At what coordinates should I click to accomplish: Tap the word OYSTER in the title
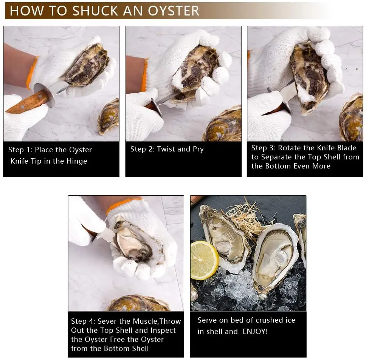tap(174, 11)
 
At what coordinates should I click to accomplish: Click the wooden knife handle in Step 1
tap(25, 103)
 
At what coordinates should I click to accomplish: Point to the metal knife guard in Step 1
tap(44, 95)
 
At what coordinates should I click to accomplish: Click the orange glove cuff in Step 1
tap(32, 72)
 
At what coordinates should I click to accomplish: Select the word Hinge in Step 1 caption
tap(77, 161)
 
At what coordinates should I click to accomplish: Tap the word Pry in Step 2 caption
tap(198, 149)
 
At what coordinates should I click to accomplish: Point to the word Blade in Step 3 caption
tap(347, 148)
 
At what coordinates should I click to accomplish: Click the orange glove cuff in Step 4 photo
tap(123, 205)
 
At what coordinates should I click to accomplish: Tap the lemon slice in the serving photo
tap(204, 260)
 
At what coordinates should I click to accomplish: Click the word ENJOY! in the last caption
tap(255, 332)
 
